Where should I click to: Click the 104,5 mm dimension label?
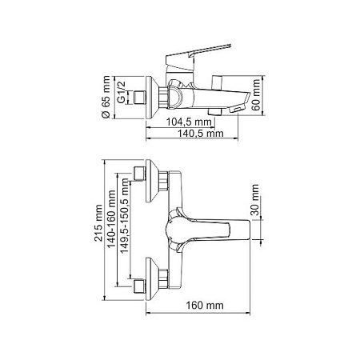(189, 122)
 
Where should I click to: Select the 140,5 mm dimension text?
(201, 133)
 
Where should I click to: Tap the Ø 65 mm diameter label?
(106, 97)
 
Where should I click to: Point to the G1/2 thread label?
(122, 92)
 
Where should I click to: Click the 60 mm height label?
(256, 94)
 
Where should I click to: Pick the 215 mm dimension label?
(98, 223)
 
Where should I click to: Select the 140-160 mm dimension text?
(111, 219)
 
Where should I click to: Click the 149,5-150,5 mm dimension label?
(124, 215)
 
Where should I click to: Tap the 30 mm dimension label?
(255, 199)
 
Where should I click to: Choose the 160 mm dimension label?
(205, 305)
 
